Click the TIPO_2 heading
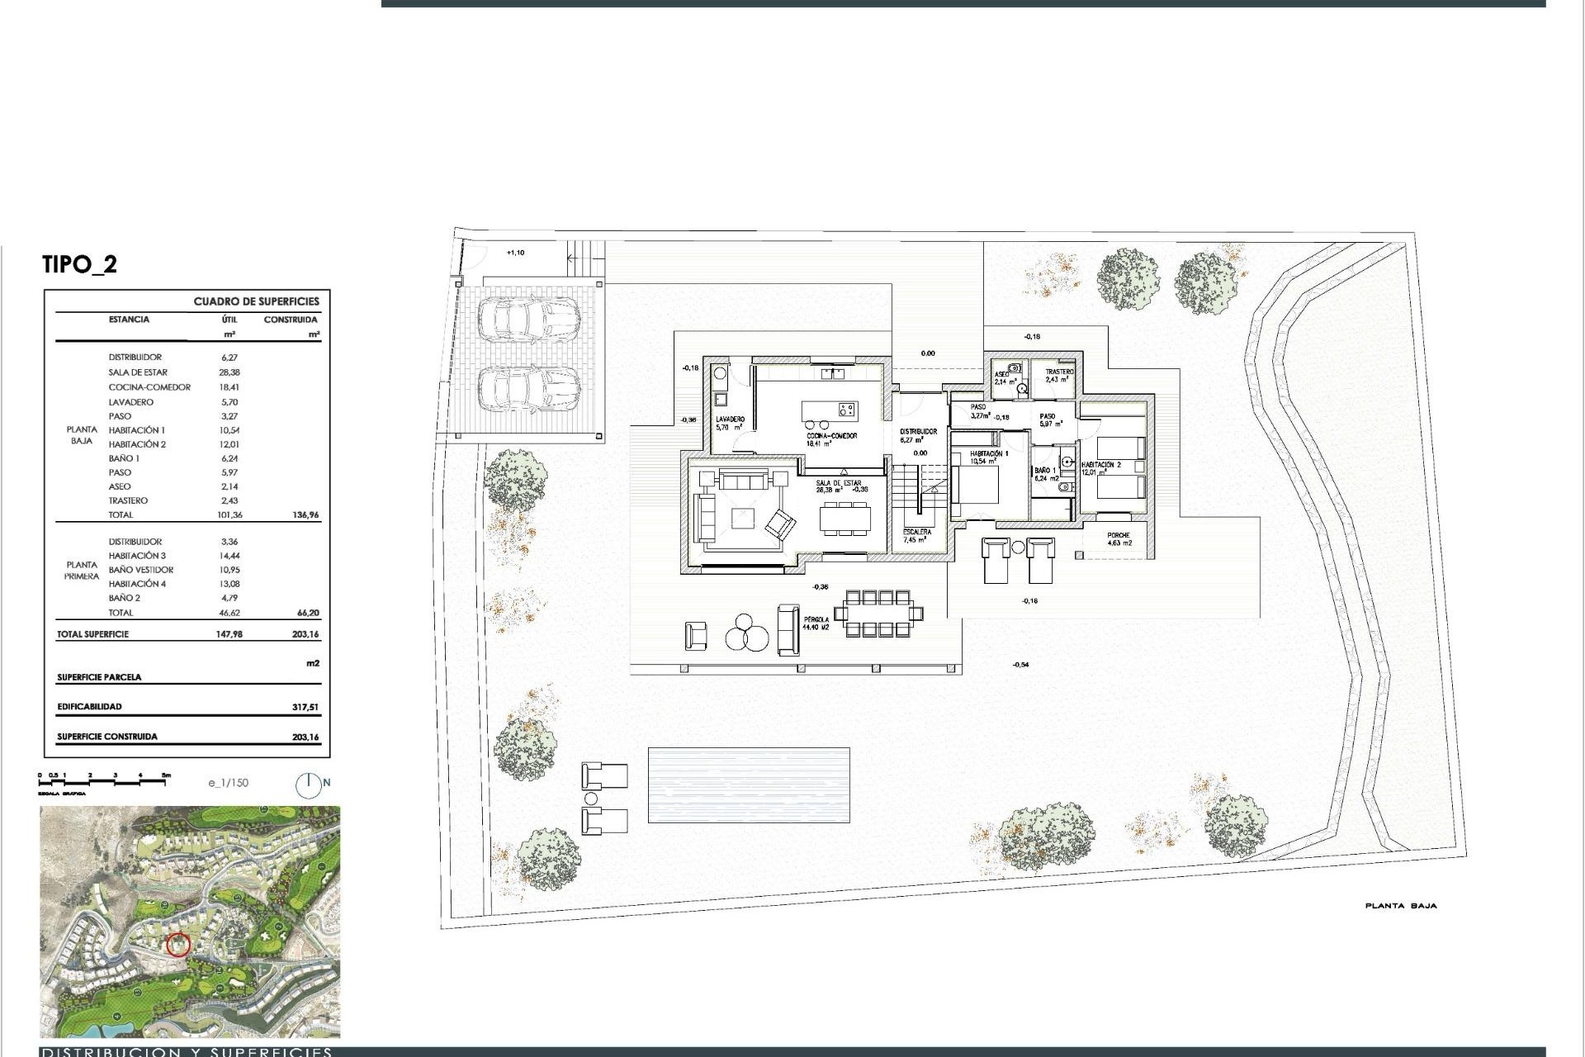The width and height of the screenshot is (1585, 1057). [x=79, y=264]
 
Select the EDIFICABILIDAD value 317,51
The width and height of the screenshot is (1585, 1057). [x=305, y=707]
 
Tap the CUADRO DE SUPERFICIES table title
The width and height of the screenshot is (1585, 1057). [x=256, y=301]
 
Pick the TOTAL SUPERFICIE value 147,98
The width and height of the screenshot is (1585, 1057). [x=229, y=634]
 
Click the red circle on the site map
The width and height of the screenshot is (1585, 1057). [x=178, y=944]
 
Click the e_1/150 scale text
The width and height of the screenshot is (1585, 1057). [x=228, y=783]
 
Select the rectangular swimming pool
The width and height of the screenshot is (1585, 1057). [x=749, y=784]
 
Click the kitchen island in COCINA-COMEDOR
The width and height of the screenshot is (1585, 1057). [x=830, y=410]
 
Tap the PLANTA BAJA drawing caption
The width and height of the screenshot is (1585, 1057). [x=1400, y=906]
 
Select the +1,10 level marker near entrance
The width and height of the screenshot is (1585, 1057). [x=514, y=253]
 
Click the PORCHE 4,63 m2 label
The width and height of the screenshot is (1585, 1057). [x=1119, y=539]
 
